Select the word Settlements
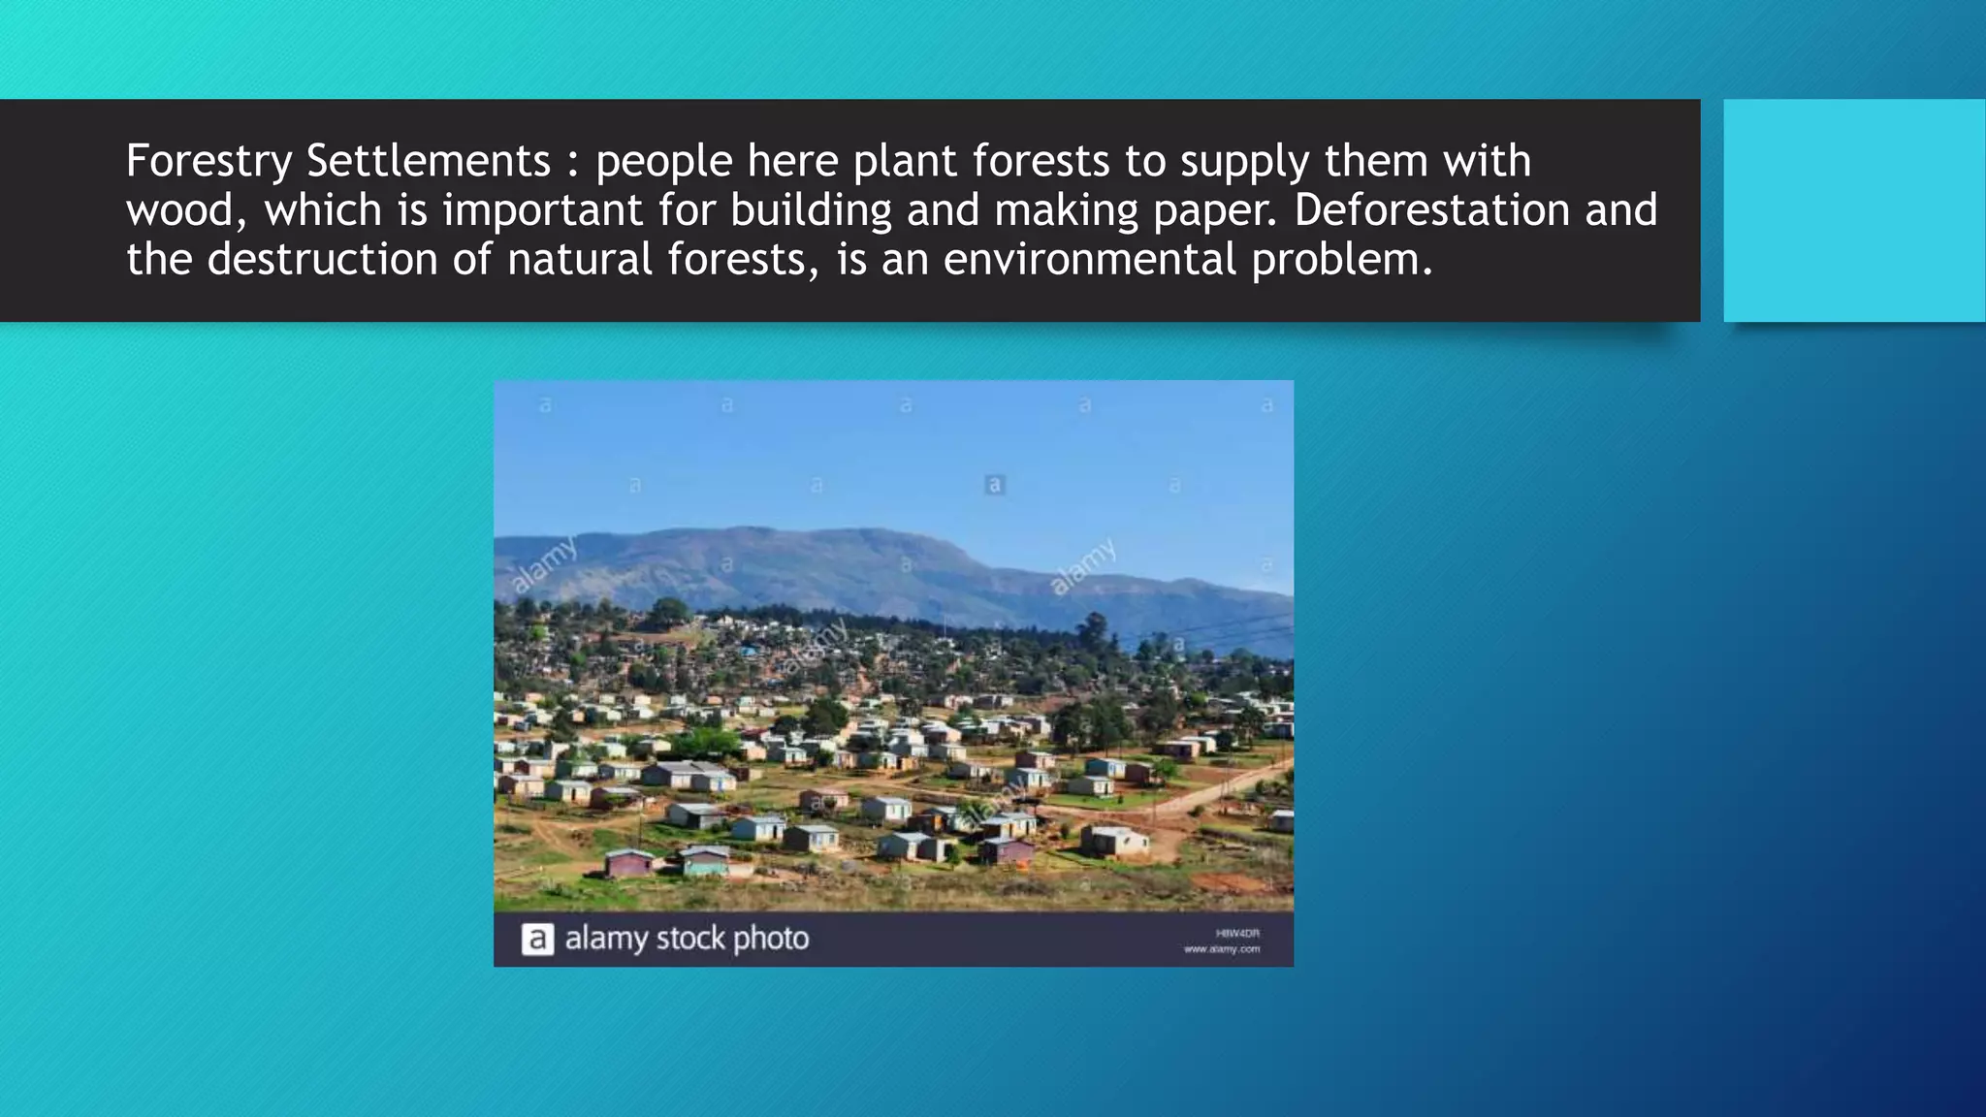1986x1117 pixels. tap(429, 161)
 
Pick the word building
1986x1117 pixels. tap(811, 210)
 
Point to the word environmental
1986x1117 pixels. tap(1090, 260)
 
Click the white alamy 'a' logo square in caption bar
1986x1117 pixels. tap(538, 940)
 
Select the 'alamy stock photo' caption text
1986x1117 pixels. tap(687, 939)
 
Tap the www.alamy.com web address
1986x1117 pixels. tap(1222, 949)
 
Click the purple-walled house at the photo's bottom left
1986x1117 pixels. tap(629, 862)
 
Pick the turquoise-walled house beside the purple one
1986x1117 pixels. tap(705, 860)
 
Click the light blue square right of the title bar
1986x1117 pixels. tap(1854, 210)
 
